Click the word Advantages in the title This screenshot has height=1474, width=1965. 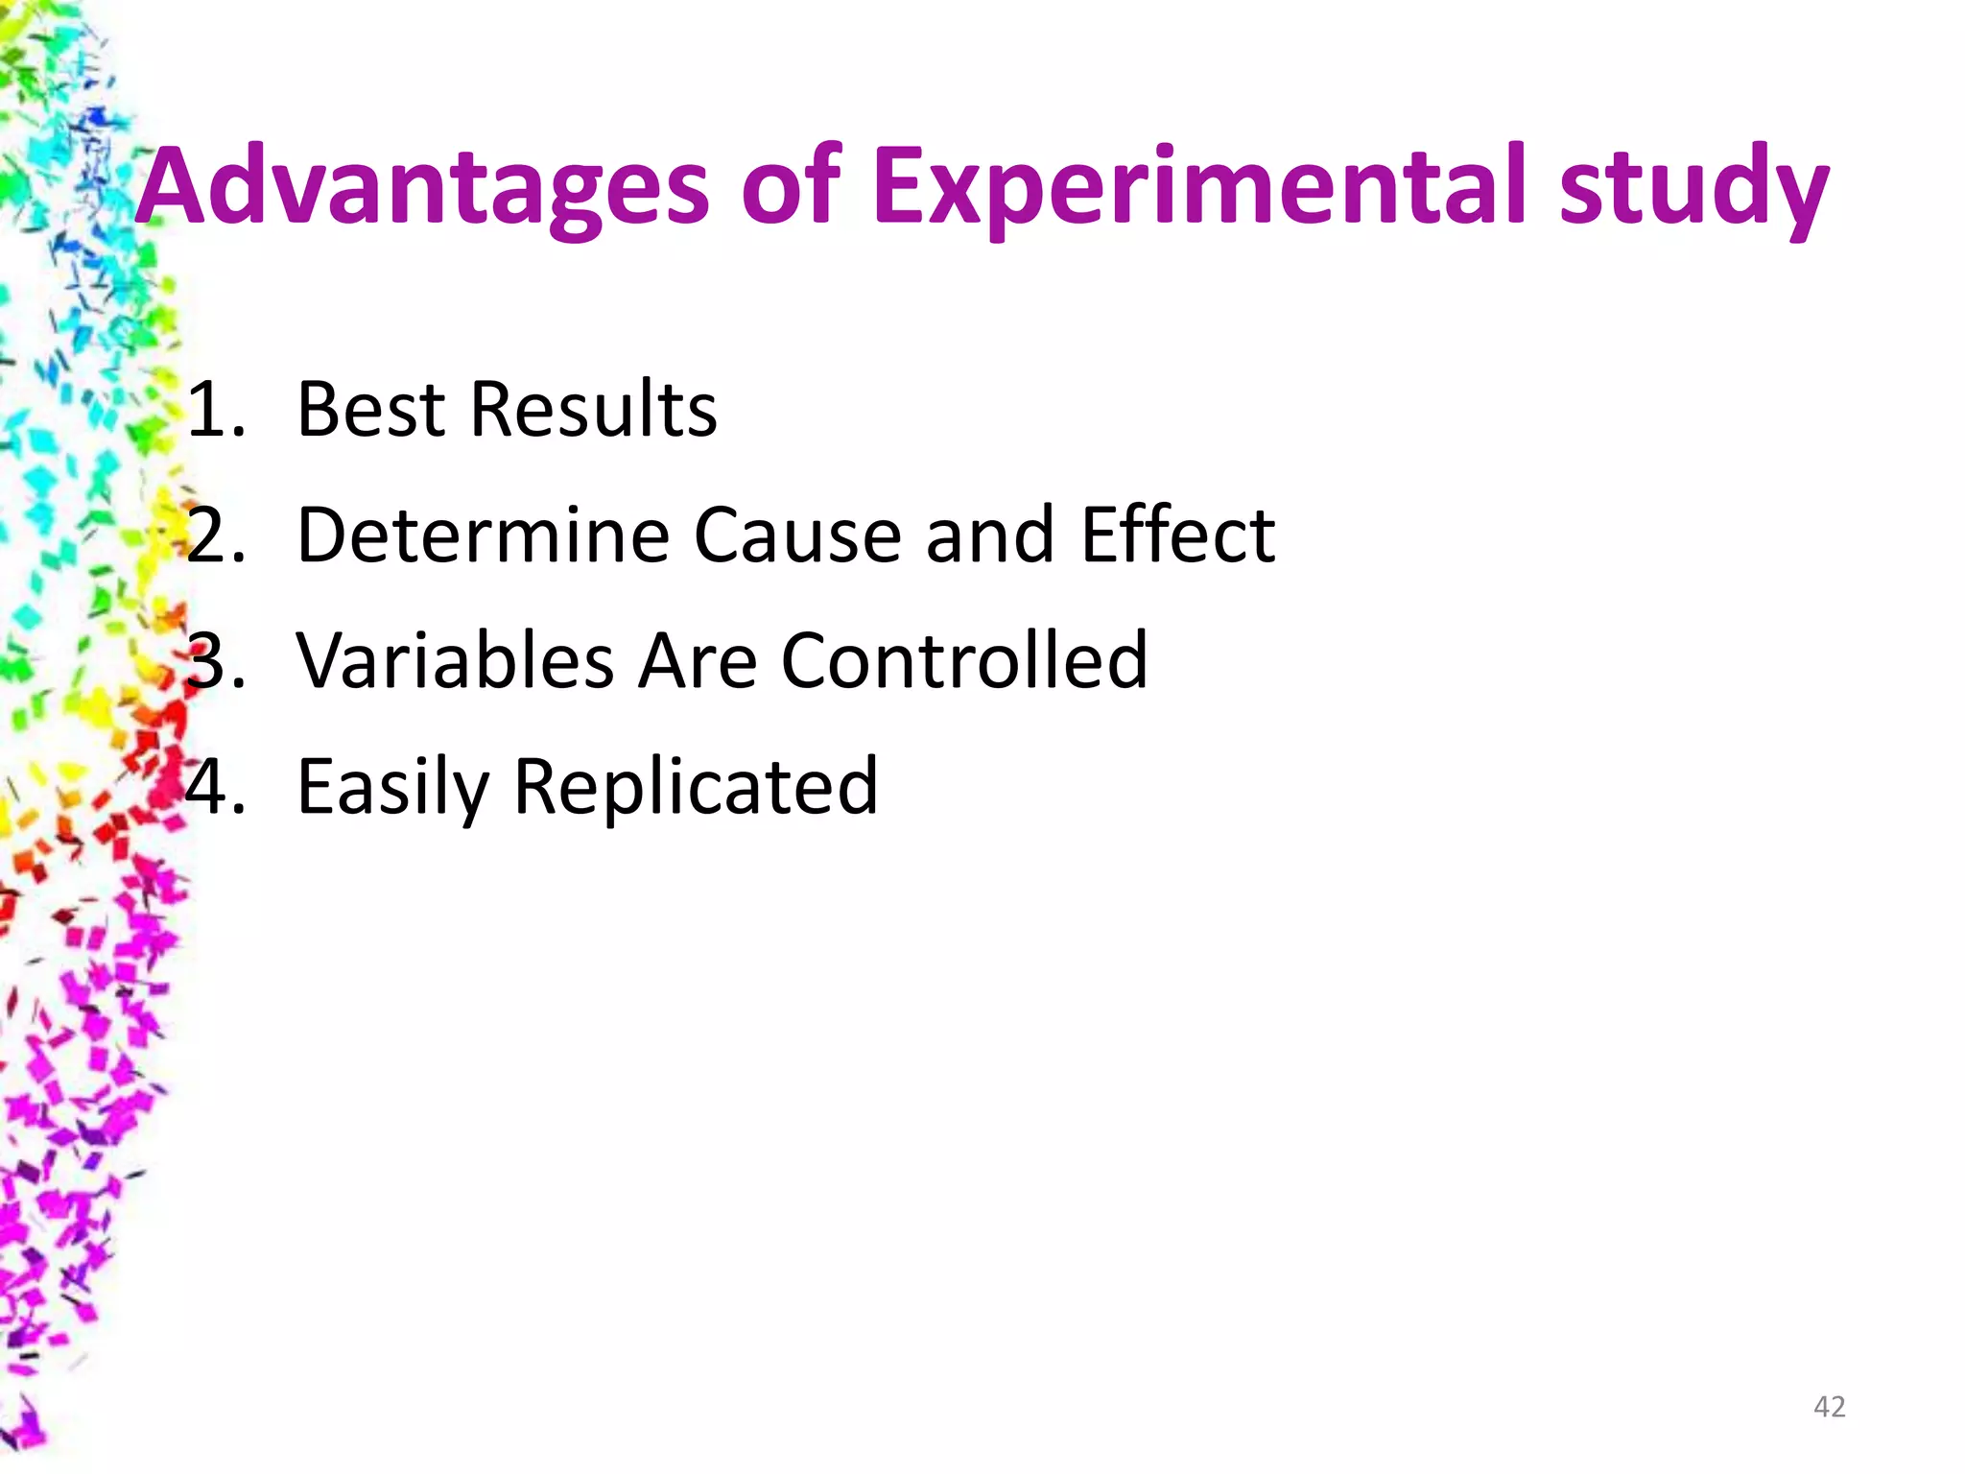click(422, 186)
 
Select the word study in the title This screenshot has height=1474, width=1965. click(1693, 186)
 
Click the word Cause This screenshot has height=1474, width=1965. click(797, 535)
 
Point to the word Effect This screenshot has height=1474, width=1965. click(1177, 535)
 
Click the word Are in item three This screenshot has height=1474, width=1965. click(698, 661)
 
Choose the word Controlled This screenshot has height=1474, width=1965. click(964, 661)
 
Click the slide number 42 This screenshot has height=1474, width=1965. click(1829, 1407)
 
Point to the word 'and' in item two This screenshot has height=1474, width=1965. click(989, 535)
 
